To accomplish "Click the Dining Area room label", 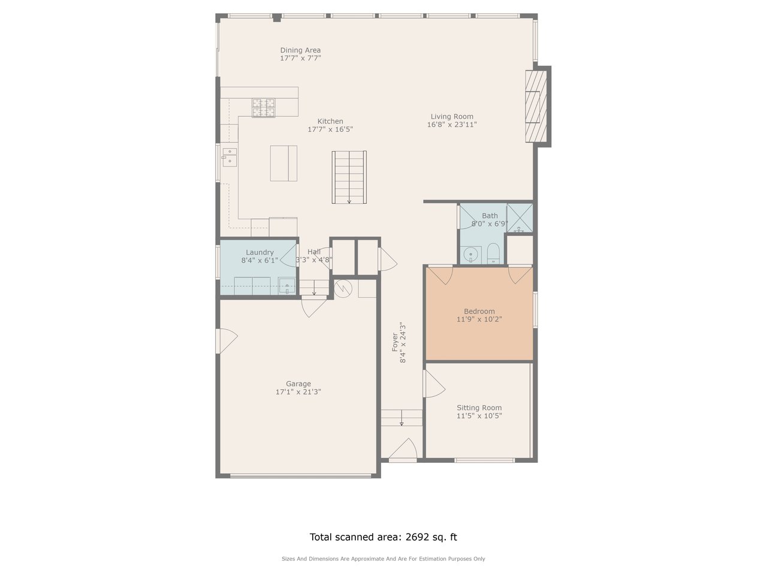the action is [300, 50].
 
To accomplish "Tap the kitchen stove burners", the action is [264, 107].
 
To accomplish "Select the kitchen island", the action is [283, 163].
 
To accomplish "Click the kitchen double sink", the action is [230, 157].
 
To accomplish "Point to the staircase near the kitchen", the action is [349, 177].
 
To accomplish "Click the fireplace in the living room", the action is [536, 106].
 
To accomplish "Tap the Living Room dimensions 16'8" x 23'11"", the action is [452, 125].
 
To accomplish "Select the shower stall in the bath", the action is [520, 218].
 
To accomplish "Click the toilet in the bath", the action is [493, 254].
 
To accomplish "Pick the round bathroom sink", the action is [471, 254].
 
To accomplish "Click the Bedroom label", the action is [479, 311].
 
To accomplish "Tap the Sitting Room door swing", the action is [434, 384].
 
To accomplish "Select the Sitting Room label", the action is [479, 408].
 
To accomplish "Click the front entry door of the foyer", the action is [403, 448].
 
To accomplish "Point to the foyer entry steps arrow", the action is [401, 418].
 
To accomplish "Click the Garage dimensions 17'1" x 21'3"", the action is [298, 392].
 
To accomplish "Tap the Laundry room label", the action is [259, 252].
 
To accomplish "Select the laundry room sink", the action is [286, 286].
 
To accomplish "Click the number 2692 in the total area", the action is [417, 537].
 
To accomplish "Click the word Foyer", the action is [395, 342].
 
